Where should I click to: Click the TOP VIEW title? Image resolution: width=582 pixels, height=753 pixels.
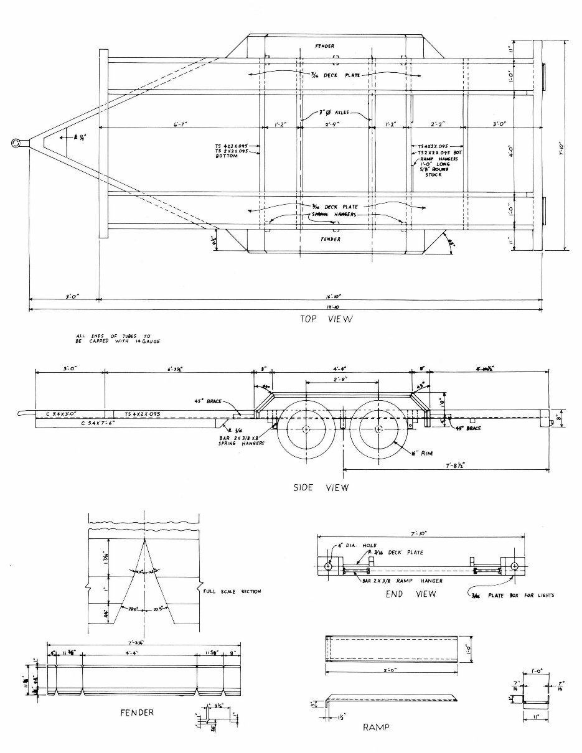coord(326,319)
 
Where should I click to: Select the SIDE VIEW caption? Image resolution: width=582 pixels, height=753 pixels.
coord(321,488)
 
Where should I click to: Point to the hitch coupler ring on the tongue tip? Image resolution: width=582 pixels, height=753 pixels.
coord(16,143)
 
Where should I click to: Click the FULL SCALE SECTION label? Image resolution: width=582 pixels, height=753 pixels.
coord(232,591)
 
